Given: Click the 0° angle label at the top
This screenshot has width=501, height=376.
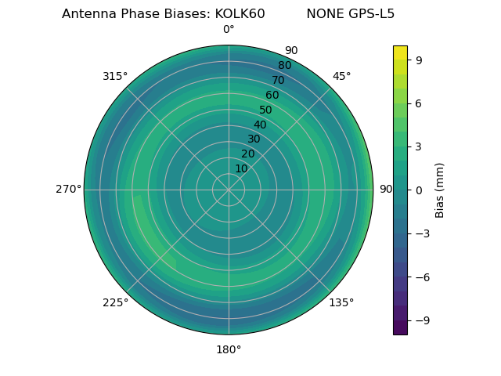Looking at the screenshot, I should (x=229, y=30).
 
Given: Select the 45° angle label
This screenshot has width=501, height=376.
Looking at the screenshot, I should (x=341, y=76).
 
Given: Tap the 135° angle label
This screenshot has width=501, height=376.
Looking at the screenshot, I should (x=341, y=302).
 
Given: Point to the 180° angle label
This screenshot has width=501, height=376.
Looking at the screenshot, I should (x=229, y=349).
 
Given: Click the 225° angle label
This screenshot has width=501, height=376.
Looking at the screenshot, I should (x=115, y=303).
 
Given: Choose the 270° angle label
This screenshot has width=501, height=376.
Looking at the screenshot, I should (x=68, y=190).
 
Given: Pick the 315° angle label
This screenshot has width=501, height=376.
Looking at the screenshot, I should (x=115, y=76).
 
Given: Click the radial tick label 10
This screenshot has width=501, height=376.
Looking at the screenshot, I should (x=241, y=168).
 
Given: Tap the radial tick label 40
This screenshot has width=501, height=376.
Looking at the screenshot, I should (x=260, y=125).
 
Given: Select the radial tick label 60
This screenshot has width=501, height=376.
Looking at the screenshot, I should (x=272, y=96).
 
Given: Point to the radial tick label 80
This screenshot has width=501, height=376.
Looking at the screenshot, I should (x=284, y=66).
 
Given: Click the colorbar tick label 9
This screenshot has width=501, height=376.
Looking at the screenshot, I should (x=420, y=59).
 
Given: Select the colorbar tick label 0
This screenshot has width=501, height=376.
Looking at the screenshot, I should (x=420, y=190).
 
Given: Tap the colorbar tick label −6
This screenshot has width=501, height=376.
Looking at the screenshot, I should (x=423, y=277).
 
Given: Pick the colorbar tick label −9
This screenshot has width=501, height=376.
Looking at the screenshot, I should (x=423, y=320).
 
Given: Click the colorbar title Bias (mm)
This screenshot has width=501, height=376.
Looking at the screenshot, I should (x=440, y=190).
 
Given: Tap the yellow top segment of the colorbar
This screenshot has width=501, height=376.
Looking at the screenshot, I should (x=400, y=52).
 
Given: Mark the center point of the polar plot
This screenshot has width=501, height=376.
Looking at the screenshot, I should (x=229, y=190).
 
